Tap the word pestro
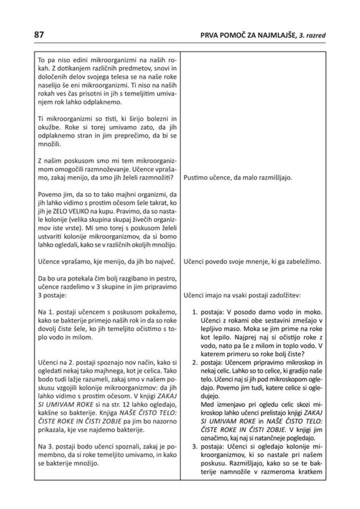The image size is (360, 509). point(169,278)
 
